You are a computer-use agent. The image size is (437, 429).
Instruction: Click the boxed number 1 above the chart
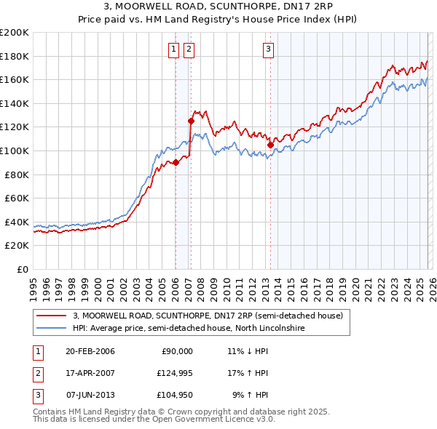(x=174, y=49)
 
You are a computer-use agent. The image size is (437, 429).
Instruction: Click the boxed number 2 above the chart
(x=189, y=49)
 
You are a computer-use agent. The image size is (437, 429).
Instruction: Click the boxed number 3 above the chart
(x=268, y=49)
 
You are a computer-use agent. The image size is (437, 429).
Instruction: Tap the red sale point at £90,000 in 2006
(x=176, y=163)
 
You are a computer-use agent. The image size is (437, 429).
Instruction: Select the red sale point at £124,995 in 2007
(x=191, y=121)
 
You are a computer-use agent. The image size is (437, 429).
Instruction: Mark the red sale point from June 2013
(x=270, y=145)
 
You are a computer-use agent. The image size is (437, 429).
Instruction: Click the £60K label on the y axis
(x=17, y=198)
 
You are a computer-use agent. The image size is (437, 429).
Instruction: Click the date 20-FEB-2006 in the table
(x=90, y=351)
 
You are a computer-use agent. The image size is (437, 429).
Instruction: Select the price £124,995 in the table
(x=173, y=373)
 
